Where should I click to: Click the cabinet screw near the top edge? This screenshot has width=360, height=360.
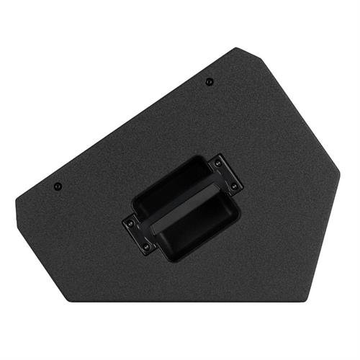coord(209,81)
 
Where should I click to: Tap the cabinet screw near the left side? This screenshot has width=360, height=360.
coord(58,186)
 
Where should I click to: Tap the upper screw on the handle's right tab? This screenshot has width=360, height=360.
coord(218,163)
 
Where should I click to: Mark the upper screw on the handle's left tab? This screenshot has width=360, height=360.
coord(130,223)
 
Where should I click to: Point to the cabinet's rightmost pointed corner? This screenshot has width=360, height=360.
coord(339,173)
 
